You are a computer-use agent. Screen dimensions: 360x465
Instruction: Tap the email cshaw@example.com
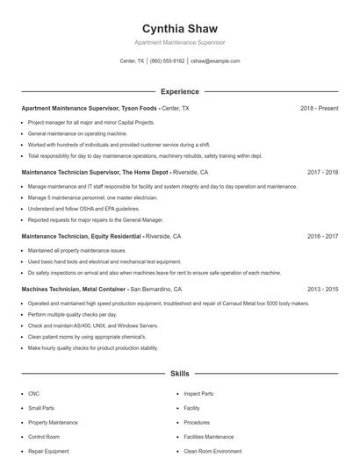click(214, 61)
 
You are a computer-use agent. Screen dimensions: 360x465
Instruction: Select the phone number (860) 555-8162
click(167, 61)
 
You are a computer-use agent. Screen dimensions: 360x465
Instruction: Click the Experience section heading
click(179, 91)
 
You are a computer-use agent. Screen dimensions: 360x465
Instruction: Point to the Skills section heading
click(179, 374)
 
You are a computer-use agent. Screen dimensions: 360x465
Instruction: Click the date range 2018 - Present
click(319, 108)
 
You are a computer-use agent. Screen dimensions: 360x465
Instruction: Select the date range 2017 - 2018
click(322, 173)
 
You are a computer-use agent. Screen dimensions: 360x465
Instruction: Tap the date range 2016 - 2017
click(322, 237)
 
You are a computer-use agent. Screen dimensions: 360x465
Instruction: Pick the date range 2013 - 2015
click(322, 289)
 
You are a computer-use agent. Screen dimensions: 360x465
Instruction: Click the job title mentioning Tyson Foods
click(89, 108)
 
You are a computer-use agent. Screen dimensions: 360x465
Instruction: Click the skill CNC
click(33, 394)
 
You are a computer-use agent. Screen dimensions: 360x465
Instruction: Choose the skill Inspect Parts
click(198, 394)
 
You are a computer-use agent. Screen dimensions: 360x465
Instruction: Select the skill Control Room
click(43, 437)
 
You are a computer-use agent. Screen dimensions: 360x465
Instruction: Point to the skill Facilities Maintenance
click(209, 437)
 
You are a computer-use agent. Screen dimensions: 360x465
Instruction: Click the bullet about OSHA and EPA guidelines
click(83, 210)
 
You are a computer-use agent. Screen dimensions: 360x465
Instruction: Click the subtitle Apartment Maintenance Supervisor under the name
click(179, 42)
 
